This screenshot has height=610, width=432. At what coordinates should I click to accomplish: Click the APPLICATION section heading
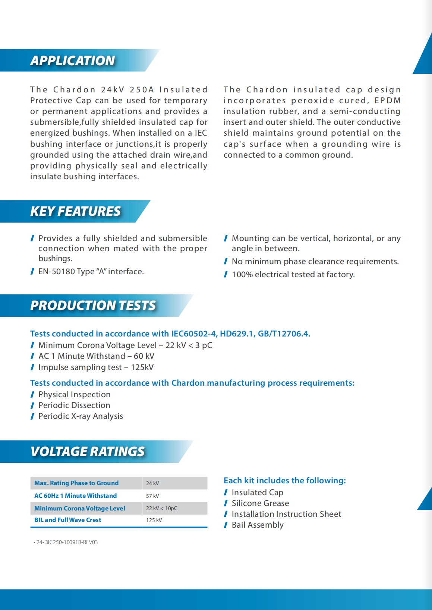click(x=73, y=60)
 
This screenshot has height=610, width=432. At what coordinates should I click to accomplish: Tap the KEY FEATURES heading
click(x=76, y=211)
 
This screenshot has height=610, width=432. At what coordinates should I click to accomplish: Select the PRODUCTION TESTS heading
click(x=93, y=306)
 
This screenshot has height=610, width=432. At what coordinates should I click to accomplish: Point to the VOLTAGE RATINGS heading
click(x=88, y=452)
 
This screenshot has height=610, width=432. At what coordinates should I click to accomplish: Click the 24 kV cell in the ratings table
click(x=152, y=483)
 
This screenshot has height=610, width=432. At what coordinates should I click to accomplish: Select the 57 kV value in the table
click(x=152, y=496)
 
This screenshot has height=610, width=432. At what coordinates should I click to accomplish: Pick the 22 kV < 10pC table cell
click(x=162, y=508)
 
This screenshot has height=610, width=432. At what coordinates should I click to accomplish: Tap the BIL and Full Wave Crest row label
click(x=68, y=520)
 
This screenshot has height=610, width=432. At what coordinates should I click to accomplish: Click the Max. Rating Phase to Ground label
click(x=76, y=483)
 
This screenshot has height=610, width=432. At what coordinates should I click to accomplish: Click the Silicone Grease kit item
click(x=260, y=503)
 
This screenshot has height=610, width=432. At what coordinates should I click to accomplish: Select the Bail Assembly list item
click(x=258, y=525)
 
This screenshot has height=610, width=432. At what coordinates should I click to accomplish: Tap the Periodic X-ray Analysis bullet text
click(x=81, y=416)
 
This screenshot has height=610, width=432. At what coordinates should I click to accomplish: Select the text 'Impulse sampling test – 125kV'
click(x=96, y=367)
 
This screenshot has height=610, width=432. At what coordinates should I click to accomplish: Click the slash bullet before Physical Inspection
click(x=32, y=395)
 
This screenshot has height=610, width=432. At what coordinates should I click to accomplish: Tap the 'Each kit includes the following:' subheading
click(x=285, y=480)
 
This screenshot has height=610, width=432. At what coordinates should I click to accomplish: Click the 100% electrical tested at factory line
click(x=293, y=275)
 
